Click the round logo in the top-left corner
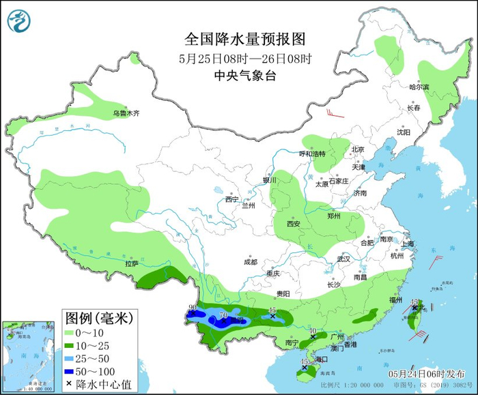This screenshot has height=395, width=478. pos(20,20)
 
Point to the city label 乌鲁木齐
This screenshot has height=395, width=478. pos(126,113)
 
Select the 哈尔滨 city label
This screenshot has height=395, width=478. pos(419,87)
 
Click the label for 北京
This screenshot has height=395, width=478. pos(358,149)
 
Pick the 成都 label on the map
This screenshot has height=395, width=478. pos(251,261)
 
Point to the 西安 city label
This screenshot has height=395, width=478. pos(294,223)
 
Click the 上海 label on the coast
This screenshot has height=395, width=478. pos(409,244)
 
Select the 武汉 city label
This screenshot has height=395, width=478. pos(343,259)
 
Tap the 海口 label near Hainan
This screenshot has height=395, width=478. pos(321,359)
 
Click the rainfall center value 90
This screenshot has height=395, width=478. pos(193,308)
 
